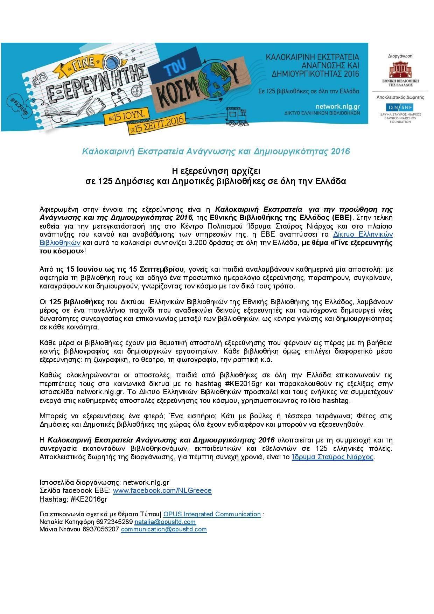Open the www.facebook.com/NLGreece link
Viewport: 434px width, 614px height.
click(x=162, y=490)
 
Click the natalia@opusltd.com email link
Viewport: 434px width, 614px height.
click(x=165, y=522)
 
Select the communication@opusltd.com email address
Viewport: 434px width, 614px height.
click(x=164, y=529)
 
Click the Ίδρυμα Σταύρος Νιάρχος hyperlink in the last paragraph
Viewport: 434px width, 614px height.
click(x=332, y=457)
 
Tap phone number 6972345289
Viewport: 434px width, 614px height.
click(x=116, y=522)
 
